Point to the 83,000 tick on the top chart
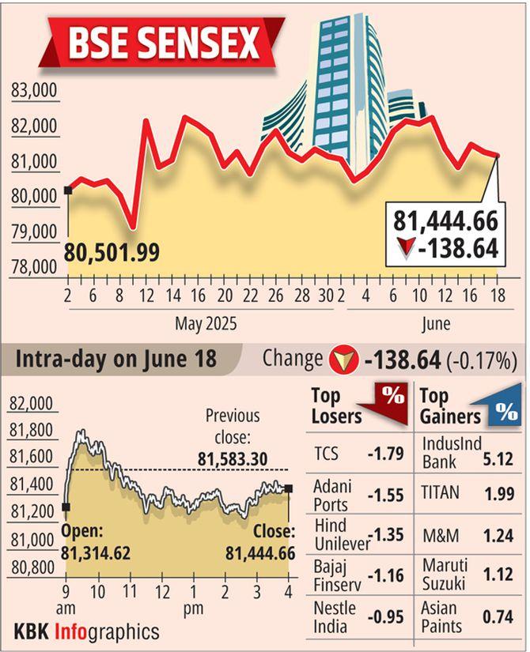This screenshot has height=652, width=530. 34,92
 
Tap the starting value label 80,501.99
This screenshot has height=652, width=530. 112,253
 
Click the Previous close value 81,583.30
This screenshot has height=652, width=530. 232,458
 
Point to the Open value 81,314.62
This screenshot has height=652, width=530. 96,552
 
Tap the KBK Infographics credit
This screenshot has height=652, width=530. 86,632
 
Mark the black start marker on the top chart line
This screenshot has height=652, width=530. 68,190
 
